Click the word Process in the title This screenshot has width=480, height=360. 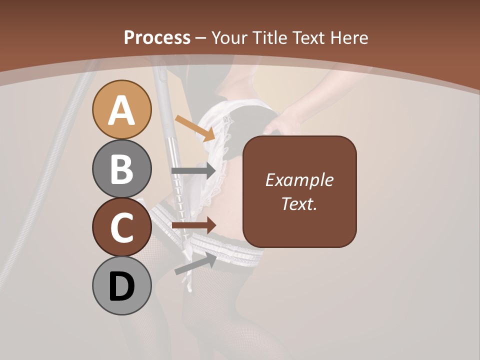pyautogui.click(x=157, y=38)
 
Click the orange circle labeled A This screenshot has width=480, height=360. pyautogui.click(x=122, y=109)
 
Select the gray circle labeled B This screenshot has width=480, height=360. pyautogui.click(x=122, y=168)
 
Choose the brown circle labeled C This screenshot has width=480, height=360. pyautogui.click(x=122, y=227)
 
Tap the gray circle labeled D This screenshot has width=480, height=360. pyautogui.click(x=122, y=285)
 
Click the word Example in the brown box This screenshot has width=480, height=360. pyautogui.click(x=299, y=180)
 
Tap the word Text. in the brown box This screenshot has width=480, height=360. pyautogui.click(x=299, y=203)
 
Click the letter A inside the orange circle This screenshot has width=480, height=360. pyautogui.click(x=122, y=110)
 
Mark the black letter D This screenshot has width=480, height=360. pyautogui.click(x=122, y=286)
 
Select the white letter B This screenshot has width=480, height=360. pyautogui.click(x=122, y=169)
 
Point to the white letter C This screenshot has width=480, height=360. pyautogui.click(x=122, y=228)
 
